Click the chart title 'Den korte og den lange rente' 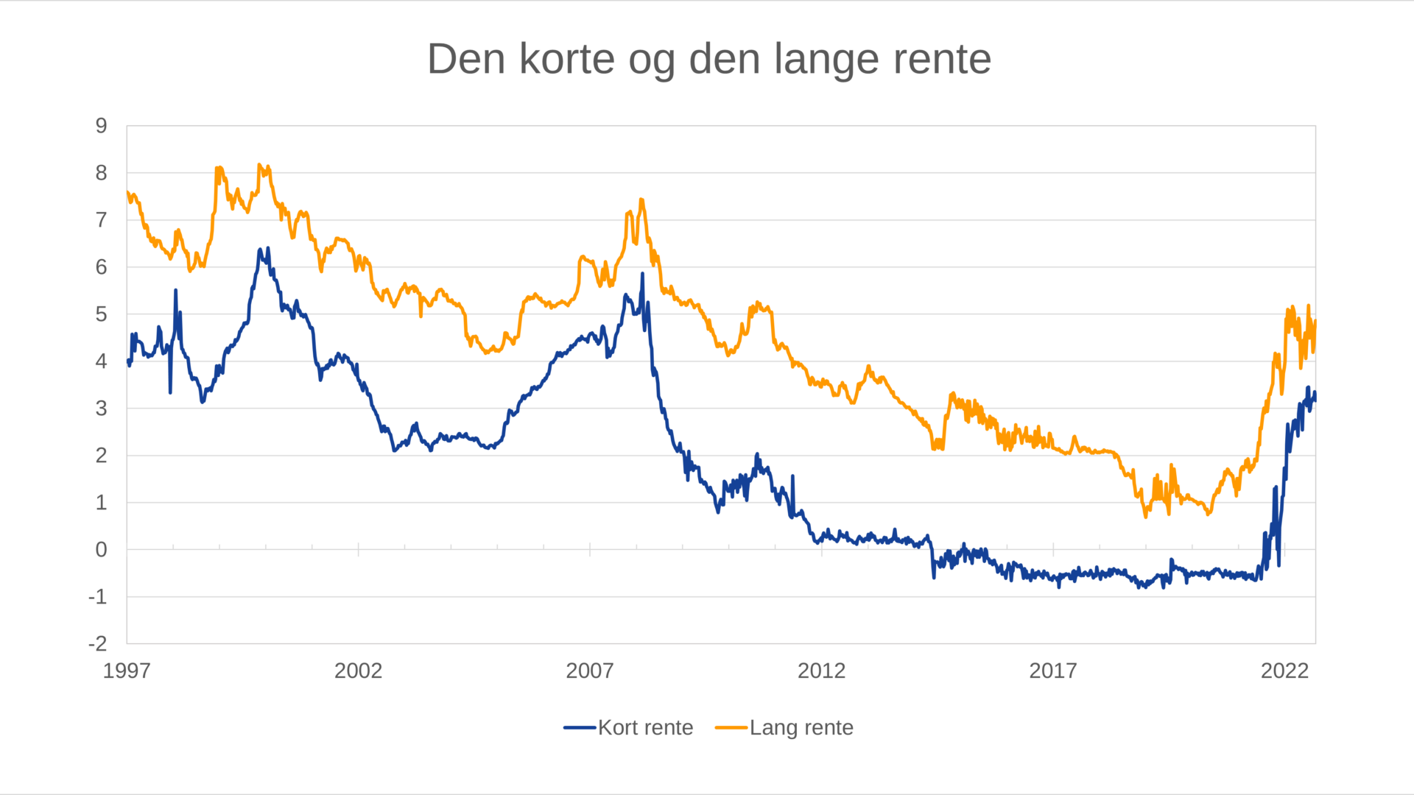tap(708, 59)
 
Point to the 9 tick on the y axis tap(102, 126)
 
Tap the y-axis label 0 tap(102, 550)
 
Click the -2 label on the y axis tap(98, 644)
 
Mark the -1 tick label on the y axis tap(98, 597)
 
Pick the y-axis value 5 tap(102, 314)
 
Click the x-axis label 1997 tap(127, 671)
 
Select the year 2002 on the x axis tap(358, 671)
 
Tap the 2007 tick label tap(589, 671)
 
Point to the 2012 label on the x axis tap(821, 671)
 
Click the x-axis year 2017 tap(1052, 671)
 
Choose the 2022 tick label tap(1284, 671)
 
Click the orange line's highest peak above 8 tap(259, 165)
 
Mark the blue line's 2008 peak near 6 tap(642, 275)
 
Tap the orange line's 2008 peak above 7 tap(641, 199)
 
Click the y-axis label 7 tap(102, 220)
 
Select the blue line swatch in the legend tap(580, 727)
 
